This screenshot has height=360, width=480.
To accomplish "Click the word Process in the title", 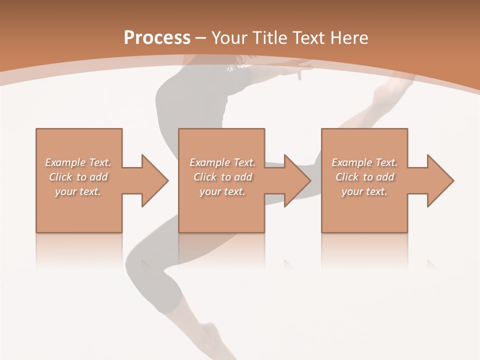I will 157,38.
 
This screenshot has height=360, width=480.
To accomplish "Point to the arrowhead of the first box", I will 154,180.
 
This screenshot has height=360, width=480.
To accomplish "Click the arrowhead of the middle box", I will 297,180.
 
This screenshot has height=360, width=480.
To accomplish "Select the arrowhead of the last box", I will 440,180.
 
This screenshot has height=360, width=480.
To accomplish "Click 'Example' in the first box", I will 65,162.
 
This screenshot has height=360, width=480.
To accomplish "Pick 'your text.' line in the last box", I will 364,191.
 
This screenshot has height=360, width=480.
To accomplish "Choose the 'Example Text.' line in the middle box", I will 222,162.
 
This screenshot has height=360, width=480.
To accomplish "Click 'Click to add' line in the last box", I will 364,177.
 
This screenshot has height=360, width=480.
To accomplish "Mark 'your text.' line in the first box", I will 78,191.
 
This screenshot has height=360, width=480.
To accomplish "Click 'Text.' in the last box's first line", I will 386,162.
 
